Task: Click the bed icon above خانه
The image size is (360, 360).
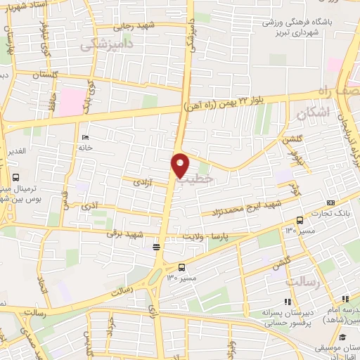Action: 85,137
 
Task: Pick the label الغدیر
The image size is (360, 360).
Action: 17,151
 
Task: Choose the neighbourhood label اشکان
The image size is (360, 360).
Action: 313,112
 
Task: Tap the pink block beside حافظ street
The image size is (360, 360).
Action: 70,102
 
